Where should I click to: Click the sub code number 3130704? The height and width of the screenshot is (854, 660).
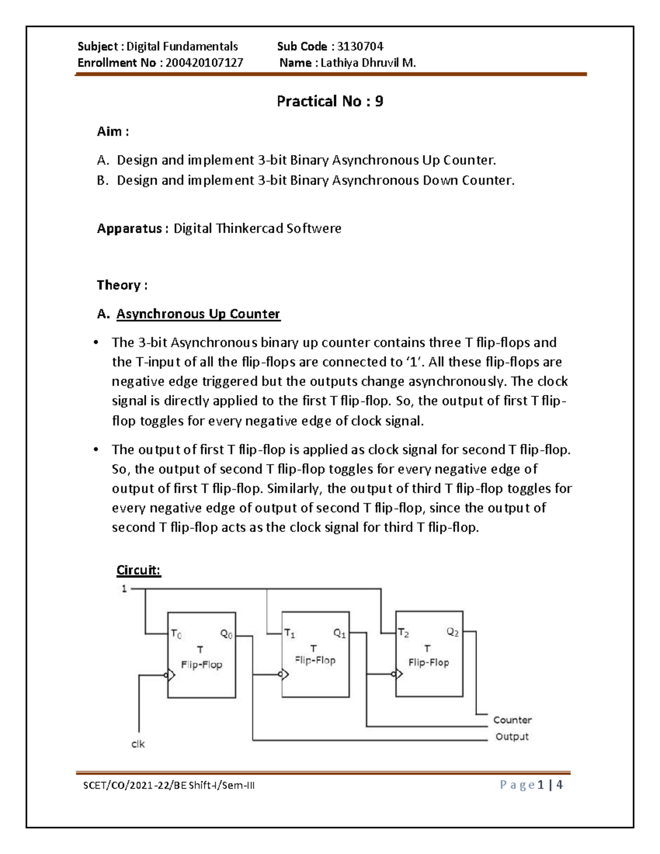(x=360, y=46)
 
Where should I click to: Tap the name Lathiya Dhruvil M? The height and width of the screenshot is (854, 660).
(x=368, y=63)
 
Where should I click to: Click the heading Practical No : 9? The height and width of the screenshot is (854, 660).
(x=330, y=101)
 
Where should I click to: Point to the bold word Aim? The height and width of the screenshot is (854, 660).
(x=110, y=131)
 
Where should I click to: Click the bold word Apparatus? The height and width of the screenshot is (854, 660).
(x=129, y=228)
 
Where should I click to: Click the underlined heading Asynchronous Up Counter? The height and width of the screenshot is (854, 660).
(x=198, y=314)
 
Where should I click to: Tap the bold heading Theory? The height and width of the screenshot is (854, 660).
(x=119, y=285)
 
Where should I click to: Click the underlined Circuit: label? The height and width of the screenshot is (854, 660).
(x=139, y=570)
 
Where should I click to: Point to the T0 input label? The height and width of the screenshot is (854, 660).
(x=176, y=634)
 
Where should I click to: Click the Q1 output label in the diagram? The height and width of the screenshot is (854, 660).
(x=339, y=633)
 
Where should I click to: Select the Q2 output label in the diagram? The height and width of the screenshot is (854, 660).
(x=453, y=632)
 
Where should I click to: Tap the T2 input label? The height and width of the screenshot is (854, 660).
(x=403, y=633)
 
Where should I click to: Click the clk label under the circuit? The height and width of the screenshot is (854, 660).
(x=138, y=744)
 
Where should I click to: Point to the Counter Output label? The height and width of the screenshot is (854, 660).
(x=512, y=728)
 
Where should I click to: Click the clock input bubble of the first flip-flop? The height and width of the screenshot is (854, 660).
(x=165, y=675)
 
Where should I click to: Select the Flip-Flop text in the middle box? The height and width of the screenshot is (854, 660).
(x=315, y=660)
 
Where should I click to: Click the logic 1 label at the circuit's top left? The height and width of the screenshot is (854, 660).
(x=124, y=589)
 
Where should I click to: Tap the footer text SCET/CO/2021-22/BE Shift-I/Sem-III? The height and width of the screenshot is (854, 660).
(x=169, y=785)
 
